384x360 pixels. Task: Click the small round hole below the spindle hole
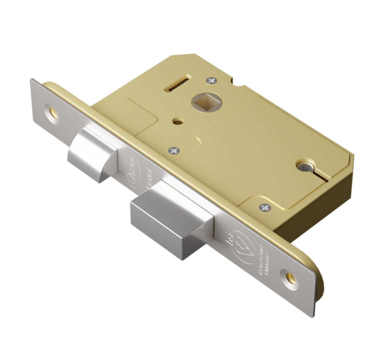178,122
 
